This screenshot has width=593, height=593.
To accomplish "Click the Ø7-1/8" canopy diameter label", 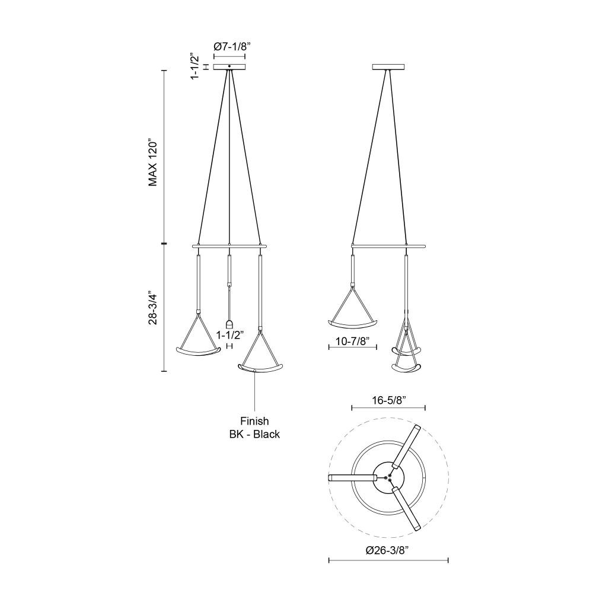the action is [232, 47].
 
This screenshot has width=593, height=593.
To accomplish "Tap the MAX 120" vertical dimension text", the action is [152, 164].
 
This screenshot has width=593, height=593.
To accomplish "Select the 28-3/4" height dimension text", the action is [152, 308].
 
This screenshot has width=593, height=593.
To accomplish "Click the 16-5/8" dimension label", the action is [389, 400].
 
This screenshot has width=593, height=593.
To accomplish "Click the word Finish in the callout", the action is [254, 421].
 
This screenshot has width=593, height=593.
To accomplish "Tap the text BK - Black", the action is [254, 434].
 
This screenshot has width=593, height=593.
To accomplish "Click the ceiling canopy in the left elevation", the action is [229, 67].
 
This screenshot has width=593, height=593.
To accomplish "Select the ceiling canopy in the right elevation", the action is [388, 67].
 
